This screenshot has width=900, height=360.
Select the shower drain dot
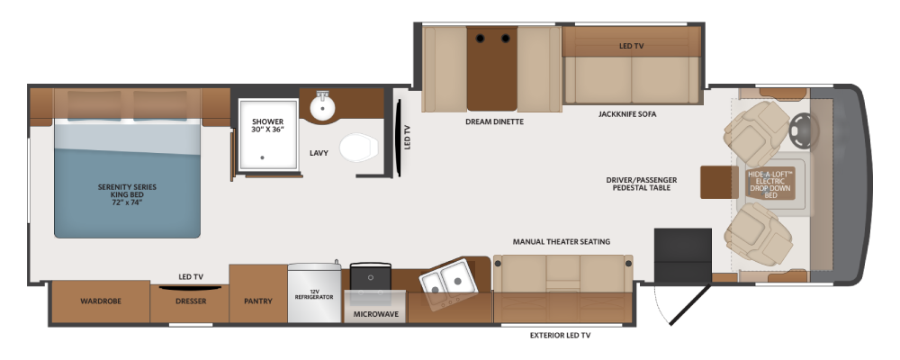click(262, 157)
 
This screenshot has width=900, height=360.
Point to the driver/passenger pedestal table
click(719, 182)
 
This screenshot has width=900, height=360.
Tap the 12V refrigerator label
click(314, 294)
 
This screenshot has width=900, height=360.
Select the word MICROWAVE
click(375, 315)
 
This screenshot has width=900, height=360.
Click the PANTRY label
click(257, 301)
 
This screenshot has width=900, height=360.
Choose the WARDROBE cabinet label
click(101, 301)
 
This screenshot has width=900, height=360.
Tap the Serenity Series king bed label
click(128, 194)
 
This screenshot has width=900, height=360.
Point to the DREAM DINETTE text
click(495, 121)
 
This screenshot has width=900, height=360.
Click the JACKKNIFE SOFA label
click(627, 114)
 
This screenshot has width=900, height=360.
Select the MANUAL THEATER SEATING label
click(562, 242)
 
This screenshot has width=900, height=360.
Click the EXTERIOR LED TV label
click(560, 336)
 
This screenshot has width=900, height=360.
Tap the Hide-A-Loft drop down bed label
click(770, 184)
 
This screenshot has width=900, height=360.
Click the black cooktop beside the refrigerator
click(371, 275)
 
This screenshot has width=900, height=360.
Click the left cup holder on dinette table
click(480, 39)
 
